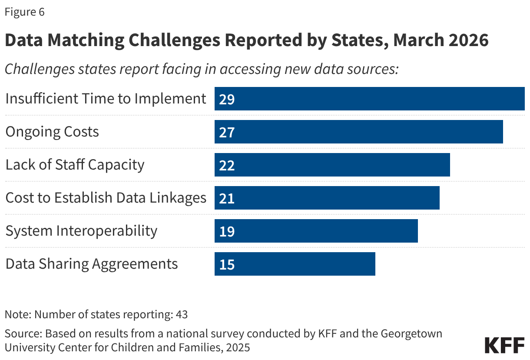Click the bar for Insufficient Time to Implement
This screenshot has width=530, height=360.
369,99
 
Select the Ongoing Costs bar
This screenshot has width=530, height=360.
358,132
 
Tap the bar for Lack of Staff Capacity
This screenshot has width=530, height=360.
332,165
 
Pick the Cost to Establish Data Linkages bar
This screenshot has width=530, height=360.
327,198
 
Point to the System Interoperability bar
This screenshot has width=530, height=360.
316,231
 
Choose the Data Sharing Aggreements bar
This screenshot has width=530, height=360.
295,264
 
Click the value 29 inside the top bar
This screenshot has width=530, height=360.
227,100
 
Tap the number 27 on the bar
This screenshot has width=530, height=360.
227,133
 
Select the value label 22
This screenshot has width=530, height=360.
227,166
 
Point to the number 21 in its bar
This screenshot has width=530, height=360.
227,199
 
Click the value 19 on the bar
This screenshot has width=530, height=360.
227,232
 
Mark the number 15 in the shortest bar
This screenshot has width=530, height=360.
227,265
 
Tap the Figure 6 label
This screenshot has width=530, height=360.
25,12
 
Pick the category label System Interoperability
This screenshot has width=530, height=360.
81,231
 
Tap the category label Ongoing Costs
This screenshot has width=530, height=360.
52,132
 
